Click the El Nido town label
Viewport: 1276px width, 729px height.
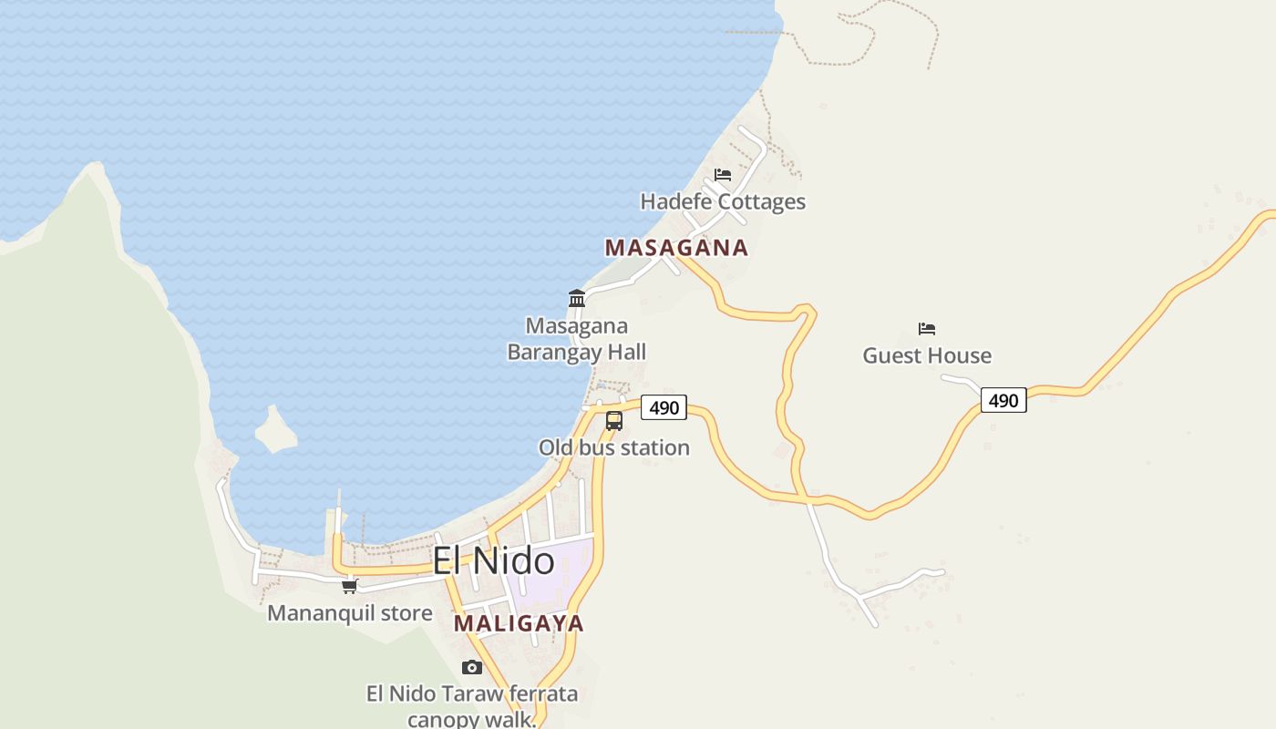coord(493,560)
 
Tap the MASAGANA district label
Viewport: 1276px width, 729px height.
coord(676,248)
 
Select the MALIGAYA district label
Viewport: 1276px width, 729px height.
coord(519,623)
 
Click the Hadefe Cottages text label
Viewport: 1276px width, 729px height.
coord(723,201)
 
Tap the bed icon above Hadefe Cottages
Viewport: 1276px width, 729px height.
coord(723,174)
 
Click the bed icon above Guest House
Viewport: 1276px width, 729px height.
coord(927,329)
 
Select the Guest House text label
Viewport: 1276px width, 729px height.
coord(927,355)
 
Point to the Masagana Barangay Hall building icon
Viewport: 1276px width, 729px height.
coord(577,298)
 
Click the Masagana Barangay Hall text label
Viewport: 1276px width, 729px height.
coord(576,339)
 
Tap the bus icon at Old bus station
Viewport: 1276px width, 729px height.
coord(614,420)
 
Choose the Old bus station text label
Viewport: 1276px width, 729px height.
coord(613,447)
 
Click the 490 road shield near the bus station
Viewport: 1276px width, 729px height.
coord(664,407)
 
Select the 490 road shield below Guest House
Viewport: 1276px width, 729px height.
coord(1003,400)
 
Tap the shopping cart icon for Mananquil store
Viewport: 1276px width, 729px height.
coord(350,586)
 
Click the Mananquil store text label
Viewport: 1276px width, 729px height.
coord(350,613)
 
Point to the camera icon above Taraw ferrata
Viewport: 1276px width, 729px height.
coord(471,667)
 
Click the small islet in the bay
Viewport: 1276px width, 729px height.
coord(275,430)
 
